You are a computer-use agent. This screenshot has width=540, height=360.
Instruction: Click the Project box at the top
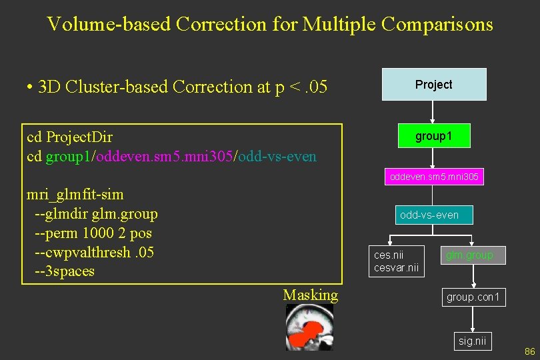click(x=433, y=85)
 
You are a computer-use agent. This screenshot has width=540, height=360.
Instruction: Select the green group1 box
click(x=433, y=136)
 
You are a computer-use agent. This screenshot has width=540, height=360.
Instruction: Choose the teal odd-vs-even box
click(x=429, y=215)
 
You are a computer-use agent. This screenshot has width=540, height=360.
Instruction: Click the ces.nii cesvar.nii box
click(x=397, y=261)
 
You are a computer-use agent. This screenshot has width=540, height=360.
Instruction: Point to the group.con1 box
click(x=473, y=297)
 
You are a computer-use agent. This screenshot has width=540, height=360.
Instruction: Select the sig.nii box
click(x=473, y=341)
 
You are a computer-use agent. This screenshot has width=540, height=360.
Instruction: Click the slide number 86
click(x=530, y=351)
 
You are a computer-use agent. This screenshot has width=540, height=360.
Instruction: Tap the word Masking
click(x=310, y=295)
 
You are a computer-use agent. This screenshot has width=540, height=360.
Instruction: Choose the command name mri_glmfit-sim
click(x=75, y=195)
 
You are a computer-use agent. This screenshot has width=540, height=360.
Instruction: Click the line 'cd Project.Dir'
click(x=69, y=137)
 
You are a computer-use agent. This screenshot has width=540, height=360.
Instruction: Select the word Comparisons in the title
click(x=437, y=25)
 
